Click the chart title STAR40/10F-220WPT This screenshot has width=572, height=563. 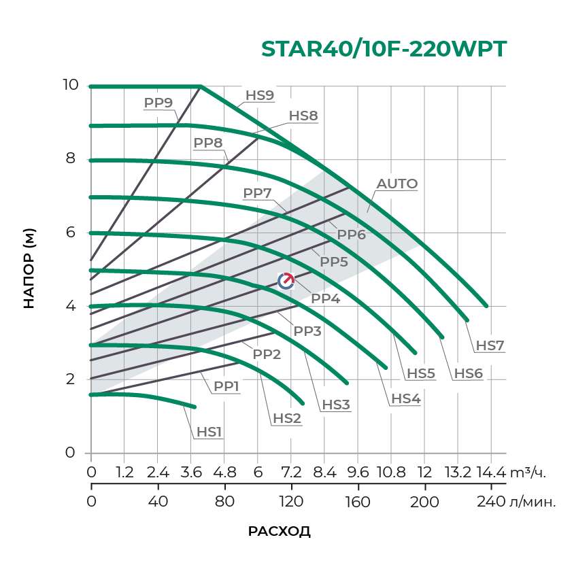tap(384, 50)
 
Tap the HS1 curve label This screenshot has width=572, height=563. tap(209, 432)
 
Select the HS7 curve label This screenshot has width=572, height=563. tap(490, 345)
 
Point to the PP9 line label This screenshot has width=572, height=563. tap(158, 103)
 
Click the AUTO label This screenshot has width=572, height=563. tap(397, 184)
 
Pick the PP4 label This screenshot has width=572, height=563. tap(325, 297)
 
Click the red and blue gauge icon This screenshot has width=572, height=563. tap(286, 280)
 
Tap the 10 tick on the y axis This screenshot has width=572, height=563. tap(70, 85)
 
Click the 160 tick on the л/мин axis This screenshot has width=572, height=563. tap(358, 502)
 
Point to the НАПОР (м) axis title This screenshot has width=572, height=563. tap(29, 269)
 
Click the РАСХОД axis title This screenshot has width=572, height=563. tap(279, 531)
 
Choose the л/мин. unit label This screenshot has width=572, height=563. tap(533, 502)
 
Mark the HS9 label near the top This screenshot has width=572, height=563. tap(260, 95)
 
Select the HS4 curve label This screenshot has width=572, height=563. tap(405, 398)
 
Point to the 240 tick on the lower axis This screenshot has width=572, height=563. tap(491, 502)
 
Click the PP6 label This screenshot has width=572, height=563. tap(352, 235)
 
